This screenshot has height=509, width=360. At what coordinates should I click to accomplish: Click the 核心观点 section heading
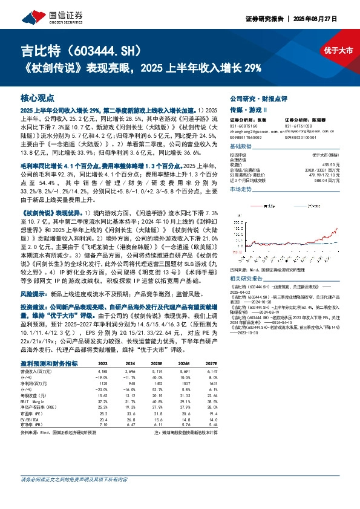(37, 97)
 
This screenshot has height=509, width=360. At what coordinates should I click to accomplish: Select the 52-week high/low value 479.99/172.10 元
(327, 174)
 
